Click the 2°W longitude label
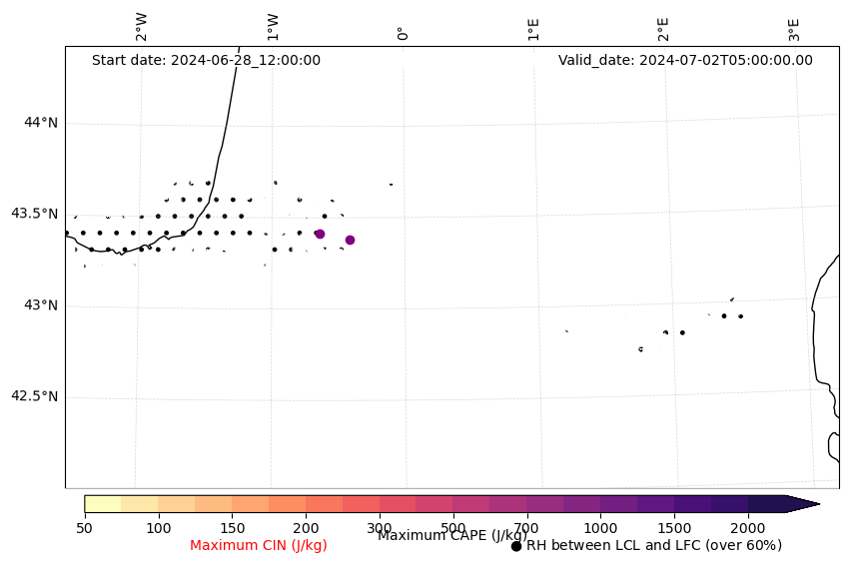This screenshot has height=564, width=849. (x=142, y=27)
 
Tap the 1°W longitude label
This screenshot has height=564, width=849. (x=273, y=27)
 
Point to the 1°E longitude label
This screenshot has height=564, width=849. (x=533, y=28)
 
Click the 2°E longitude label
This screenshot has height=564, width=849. (x=663, y=28)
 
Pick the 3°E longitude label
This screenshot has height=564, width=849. (x=794, y=28)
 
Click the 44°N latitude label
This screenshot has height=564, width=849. (x=41, y=123)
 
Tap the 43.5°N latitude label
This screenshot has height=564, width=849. (x=34, y=214)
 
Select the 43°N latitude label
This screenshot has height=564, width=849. (x=41, y=305)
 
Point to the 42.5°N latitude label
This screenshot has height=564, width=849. (x=34, y=396)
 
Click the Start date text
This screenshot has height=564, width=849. (x=206, y=60)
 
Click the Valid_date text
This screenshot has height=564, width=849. (x=685, y=60)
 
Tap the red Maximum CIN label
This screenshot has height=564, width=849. (x=259, y=546)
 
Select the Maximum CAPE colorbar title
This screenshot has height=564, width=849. (x=451, y=536)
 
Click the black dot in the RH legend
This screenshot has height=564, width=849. (x=516, y=546)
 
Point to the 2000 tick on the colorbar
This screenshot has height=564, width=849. (x=748, y=527)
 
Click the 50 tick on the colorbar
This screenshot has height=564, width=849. (x=85, y=527)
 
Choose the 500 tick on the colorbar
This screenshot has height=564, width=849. (x=452, y=527)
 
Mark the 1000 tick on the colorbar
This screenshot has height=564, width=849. (x=600, y=527)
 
